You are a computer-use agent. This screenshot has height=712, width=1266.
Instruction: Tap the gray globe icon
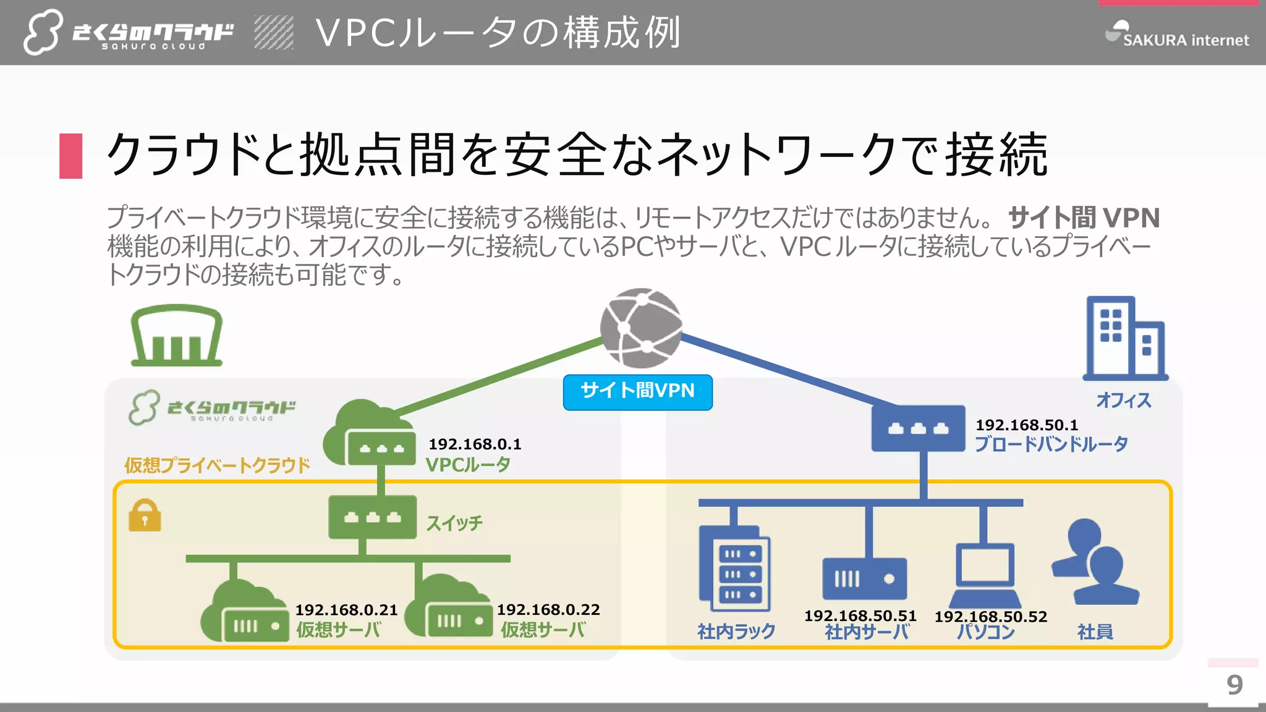tap(641, 328)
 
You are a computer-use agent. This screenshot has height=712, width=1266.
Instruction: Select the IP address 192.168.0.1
tap(475, 444)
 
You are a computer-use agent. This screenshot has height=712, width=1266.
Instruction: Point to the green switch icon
tap(372, 517)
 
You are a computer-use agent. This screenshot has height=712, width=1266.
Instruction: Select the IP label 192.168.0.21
tap(346, 609)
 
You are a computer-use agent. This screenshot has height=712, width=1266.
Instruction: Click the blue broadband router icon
tap(918, 428)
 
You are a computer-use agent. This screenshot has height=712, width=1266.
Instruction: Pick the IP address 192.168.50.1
tap(1027, 425)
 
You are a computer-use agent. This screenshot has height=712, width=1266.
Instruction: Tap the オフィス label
tap(1123, 400)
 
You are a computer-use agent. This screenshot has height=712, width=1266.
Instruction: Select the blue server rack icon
tap(734, 567)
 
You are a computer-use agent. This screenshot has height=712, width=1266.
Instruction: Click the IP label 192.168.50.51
tap(860, 616)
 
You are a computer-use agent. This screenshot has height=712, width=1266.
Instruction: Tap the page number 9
tap(1234, 685)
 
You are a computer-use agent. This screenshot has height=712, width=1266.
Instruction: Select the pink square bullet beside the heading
tap(71, 156)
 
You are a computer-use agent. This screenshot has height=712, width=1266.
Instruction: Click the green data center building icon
tap(176, 336)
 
